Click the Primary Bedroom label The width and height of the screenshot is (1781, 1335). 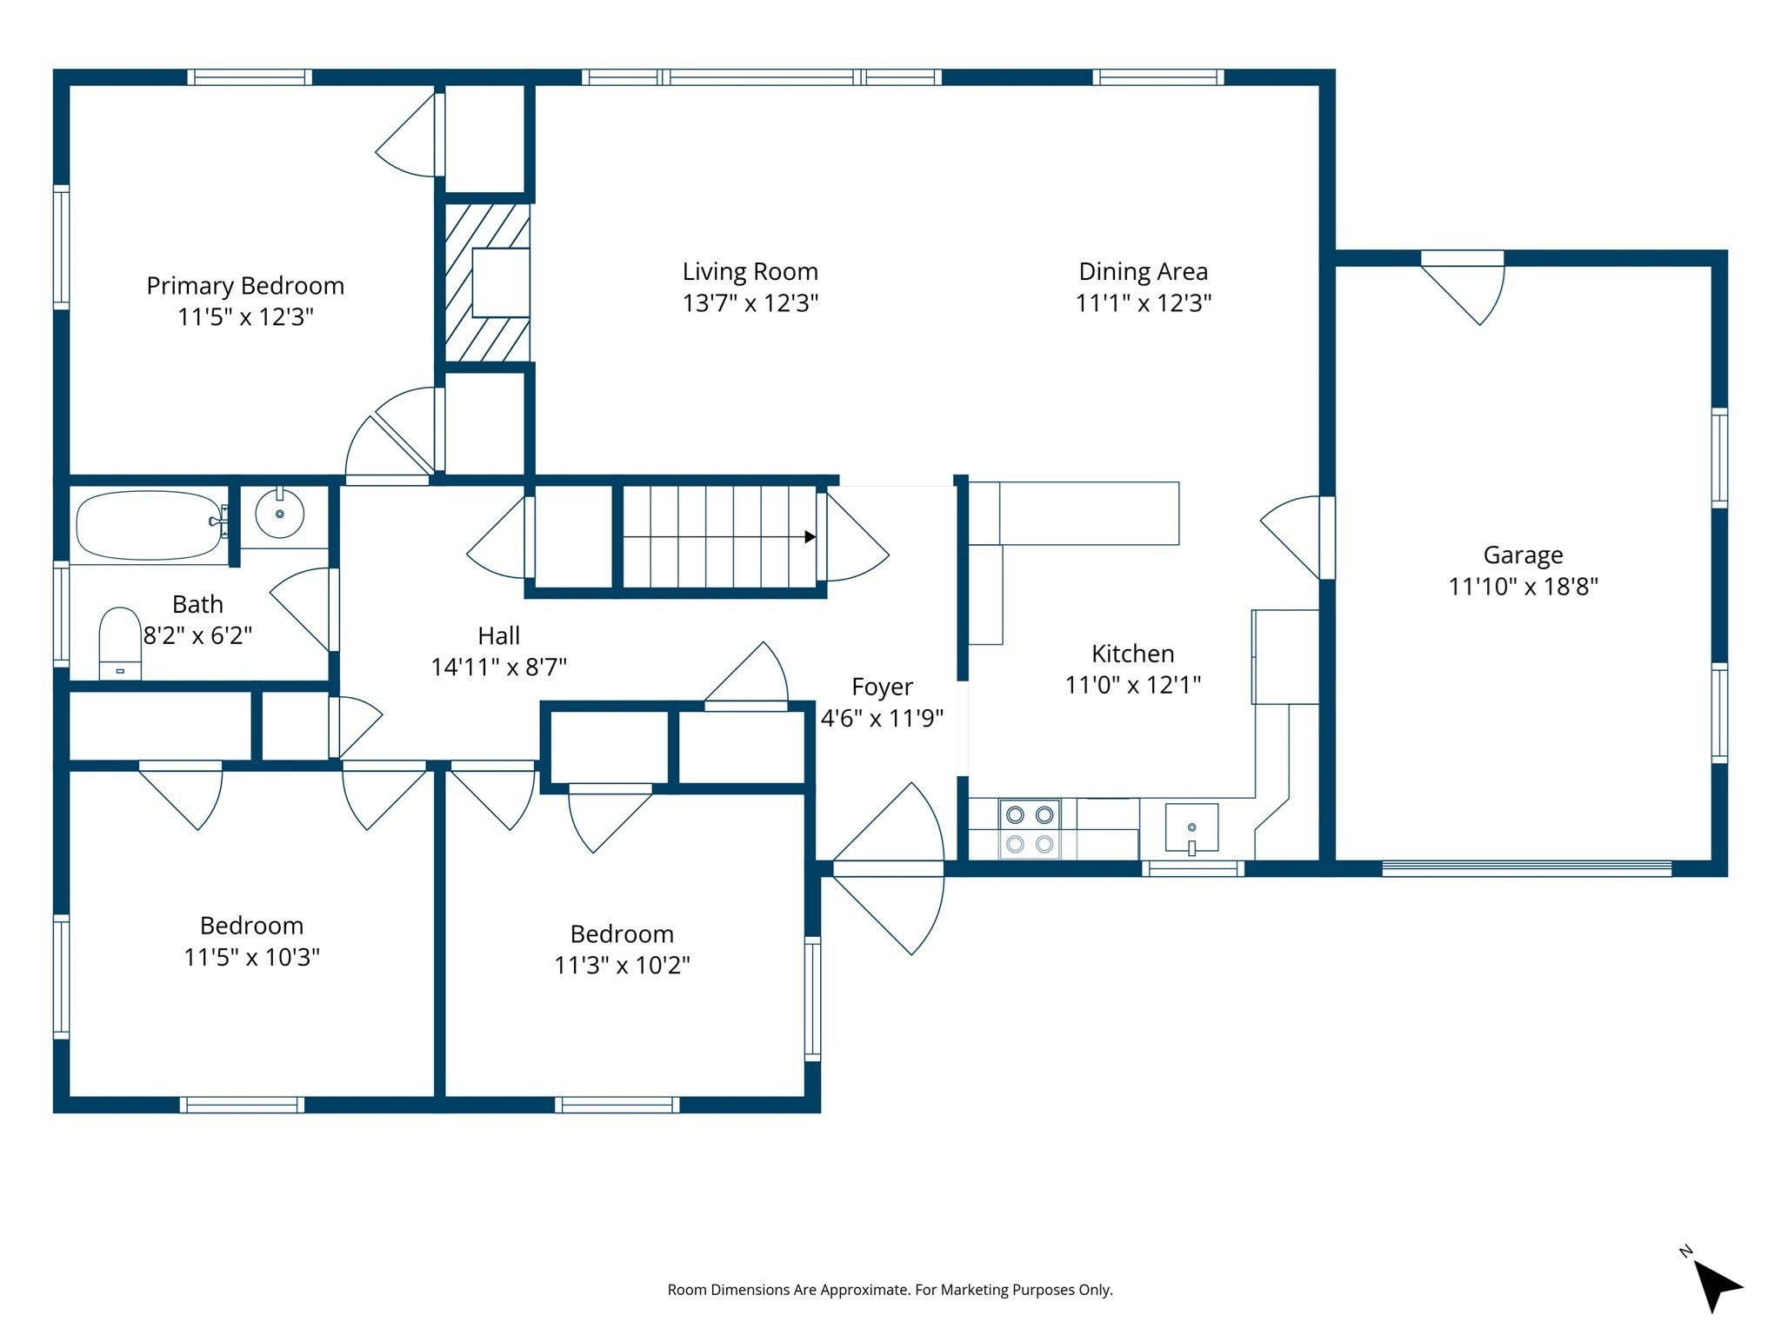pyautogui.click(x=245, y=286)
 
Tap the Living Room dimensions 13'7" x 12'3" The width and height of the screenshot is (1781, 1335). pyautogui.click(x=750, y=303)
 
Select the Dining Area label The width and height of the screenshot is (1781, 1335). pyautogui.click(x=1144, y=272)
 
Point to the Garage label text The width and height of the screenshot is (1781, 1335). pyautogui.click(x=1523, y=555)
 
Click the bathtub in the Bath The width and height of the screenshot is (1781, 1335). pyautogui.click(x=150, y=525)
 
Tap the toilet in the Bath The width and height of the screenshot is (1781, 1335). pyautogui.click(x=120, y=643)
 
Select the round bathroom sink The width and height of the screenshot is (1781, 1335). pyautogui.click(x=280, y=514)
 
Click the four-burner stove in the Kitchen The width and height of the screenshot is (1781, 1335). pyautogui.click(x=1030, y=829)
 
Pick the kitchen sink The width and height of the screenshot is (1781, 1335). pyautogui.click(x=1191, y=828)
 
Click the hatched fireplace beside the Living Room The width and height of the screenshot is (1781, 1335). pyautogui.click(x=487, y=282)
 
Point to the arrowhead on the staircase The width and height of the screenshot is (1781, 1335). pyautogui.click(x=810, y=537)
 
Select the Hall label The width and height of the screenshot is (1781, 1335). pyautogui.click(x=498, y=636)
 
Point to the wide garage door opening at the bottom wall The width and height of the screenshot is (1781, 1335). pyautogui.click(x=1526, y=867)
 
